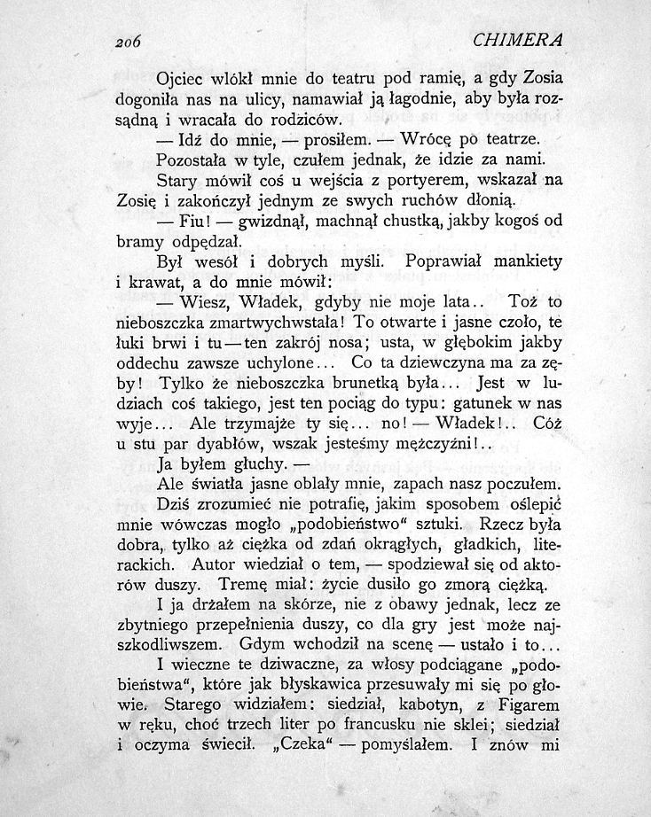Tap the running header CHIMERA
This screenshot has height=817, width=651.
pos(519,41)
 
